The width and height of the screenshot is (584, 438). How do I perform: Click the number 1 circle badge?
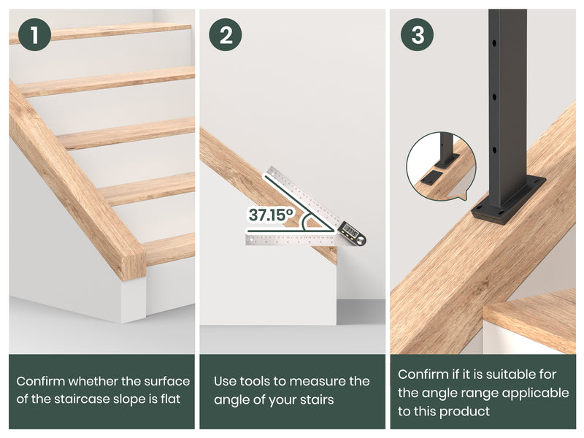pyautogui.click(x=34, y=34)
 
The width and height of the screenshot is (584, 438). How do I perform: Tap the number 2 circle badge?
pyautogui.click(x=226, y=34)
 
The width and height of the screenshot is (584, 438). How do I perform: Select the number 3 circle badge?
pyautogui.click(x=417, y=34)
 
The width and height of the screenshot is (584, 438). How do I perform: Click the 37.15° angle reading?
pyautogui.click(x=271, y=215)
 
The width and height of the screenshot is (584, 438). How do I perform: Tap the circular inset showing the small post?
pyautogui.click(x=441, y=166)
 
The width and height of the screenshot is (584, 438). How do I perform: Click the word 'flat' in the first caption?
pyautogui.click(x=170, y=399)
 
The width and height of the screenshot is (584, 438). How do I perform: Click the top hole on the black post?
pyautogui.click(x=494, y=43)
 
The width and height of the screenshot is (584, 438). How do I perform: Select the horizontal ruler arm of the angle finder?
pyautogui.click(x=291, y=240)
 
